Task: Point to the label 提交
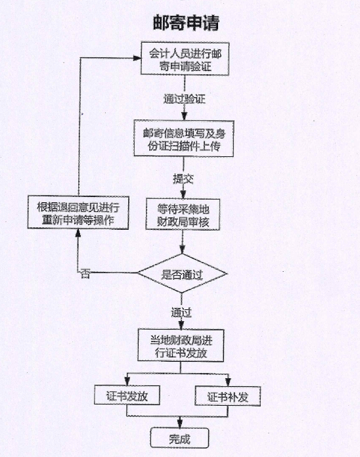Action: [x=183, y=178]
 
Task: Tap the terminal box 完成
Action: [x=177, y=437]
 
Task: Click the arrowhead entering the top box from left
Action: [x=139, y=58]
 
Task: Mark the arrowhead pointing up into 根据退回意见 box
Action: [x=78, y=235]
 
